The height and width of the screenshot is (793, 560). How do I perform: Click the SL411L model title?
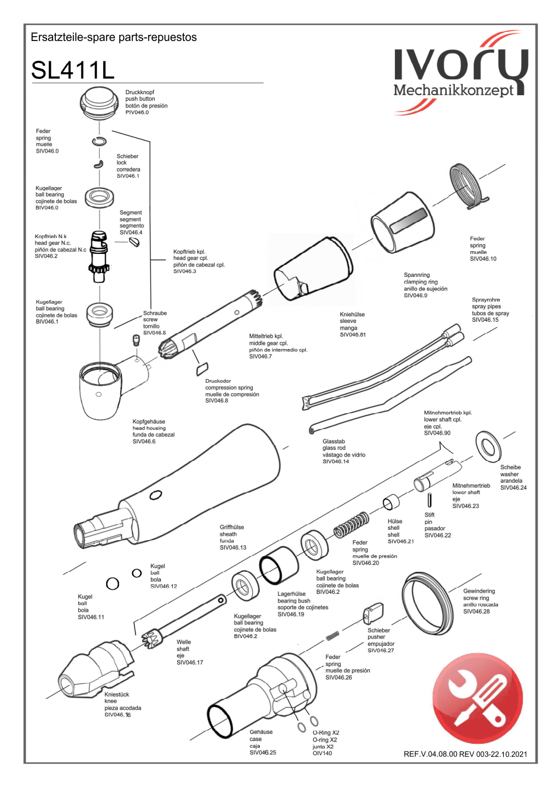click(73, 70)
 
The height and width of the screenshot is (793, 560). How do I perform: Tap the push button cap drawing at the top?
click(99, 102)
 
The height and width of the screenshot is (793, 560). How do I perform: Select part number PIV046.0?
click(137, 113)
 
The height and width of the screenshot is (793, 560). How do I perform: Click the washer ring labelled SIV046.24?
click(488, 447)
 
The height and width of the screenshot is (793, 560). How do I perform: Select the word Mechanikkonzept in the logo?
click(453, 90)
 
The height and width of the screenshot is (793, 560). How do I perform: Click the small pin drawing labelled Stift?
click(430, 500)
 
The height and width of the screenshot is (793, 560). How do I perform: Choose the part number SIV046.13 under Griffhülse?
click(233, 547)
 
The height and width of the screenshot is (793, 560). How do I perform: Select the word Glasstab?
click(334, 442)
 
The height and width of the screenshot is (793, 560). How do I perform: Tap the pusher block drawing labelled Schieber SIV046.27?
click(374, 613)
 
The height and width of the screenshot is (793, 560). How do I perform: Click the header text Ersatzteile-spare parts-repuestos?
click(114, 37)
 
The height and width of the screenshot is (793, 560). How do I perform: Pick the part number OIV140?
click(322, 754)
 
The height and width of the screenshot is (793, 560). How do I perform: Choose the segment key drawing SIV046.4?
click(134, 242)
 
